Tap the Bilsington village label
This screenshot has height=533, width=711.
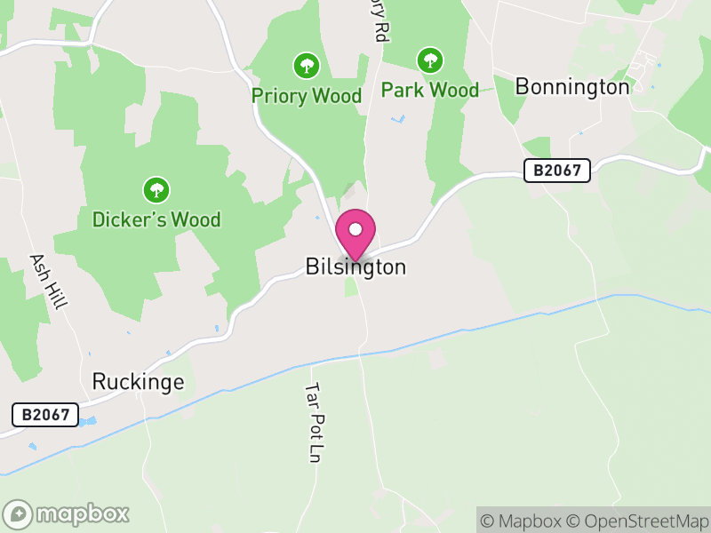click(355, 266)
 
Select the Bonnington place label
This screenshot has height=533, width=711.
click(572, 87)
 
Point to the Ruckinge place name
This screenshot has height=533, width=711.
click(138, 382)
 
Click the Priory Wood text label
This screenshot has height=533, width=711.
click(307, 96)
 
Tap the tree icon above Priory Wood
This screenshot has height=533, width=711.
click(307, 65)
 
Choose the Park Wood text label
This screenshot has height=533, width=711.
click(430, 90)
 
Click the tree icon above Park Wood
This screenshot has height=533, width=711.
click(430, 60)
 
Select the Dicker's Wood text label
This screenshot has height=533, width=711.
click(156, 219)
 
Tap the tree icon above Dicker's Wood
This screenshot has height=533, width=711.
click(156, 189)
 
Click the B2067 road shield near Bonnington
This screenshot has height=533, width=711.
click(557, 171)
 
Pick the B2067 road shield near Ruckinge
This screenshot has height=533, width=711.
click(45, 415)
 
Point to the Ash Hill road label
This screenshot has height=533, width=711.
click(48, 282)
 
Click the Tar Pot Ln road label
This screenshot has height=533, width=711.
click(312, 423)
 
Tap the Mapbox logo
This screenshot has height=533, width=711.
click(67, 513)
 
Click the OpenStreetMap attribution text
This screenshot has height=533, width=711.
click(639, 521)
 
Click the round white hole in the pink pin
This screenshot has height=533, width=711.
click(355, 229)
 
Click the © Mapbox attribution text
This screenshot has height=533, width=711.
click(523, 521)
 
